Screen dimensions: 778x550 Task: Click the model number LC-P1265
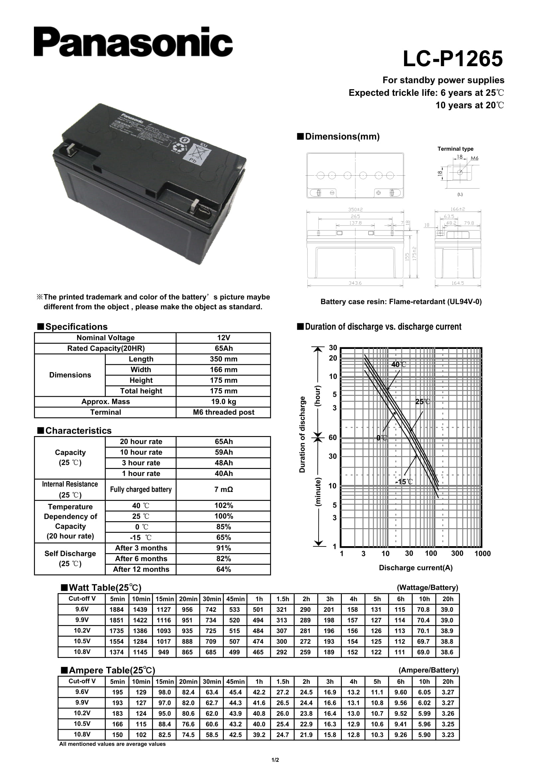(x=453, y=59)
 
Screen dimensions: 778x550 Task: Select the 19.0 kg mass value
(x=223, y=401)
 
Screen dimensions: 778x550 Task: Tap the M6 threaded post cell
(x=223, y=412)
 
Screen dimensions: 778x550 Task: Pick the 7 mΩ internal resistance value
(x=223, y=489)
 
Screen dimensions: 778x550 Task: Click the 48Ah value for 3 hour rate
(x=223, y=463)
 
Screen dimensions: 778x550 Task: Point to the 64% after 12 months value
(x=223, y=569)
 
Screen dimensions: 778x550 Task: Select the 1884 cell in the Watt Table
(x=116, y=610)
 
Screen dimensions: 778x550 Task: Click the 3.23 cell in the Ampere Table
(x=447, y=735)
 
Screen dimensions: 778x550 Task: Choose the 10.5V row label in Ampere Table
(x=82, y=723)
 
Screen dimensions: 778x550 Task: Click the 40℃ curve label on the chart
(x=398, y=365)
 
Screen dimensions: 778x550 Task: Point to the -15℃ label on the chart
(x=404, y=482)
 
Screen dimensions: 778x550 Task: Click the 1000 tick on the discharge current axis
(x=482, y=553)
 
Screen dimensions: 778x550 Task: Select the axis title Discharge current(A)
(x=416, y=567)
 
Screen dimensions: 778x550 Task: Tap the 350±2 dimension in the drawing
(x=355, y=210)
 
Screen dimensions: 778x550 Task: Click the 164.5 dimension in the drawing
(x=458, y=283)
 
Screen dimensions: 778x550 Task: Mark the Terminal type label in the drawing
(x=455, y=149)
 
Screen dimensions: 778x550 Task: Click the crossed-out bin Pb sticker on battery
(x=196, y=152)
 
